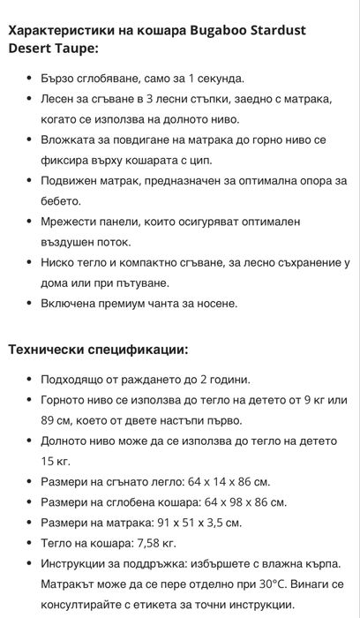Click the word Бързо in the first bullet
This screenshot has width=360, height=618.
(x=59, y=78)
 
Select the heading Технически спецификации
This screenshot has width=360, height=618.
(x=98, y=349)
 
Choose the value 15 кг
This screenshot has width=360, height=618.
(x=55, y=461)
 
